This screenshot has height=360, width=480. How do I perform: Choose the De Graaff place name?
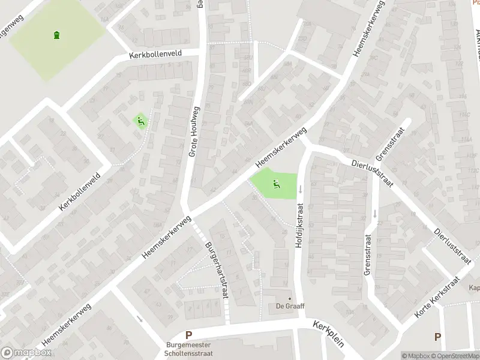tap(290, 307)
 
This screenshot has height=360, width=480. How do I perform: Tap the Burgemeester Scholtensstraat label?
tap(188, 349)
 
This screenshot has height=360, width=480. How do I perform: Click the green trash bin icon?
tap(57, 35)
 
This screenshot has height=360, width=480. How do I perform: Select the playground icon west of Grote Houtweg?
tap(140, 121)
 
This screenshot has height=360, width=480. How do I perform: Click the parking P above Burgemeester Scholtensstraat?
tap(188, 336)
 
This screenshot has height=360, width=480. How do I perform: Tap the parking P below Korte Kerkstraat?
tap(437, 337)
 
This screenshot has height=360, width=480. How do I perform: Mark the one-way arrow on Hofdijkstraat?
tap(300, 189)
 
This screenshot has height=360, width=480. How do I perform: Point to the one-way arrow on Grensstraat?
tap(375, 213)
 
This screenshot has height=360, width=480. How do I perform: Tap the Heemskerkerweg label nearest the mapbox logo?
tap(67, 323)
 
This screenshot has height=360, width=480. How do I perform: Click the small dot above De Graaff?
tap(290, 298)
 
